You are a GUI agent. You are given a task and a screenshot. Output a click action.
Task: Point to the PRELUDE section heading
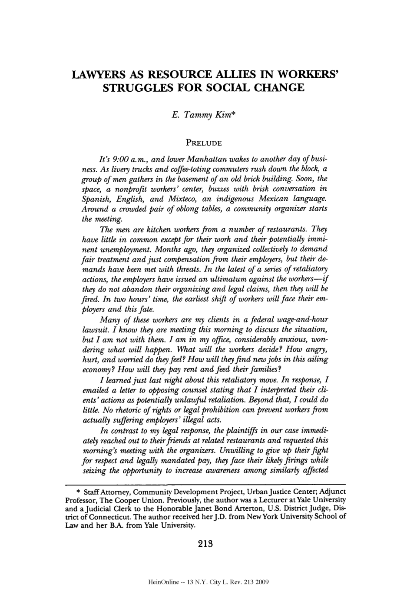[x=205, y=143]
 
